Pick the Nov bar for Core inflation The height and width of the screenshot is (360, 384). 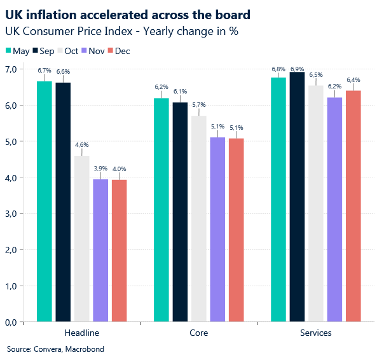click(217, 230)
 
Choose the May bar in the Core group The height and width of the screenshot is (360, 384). click(161, 210)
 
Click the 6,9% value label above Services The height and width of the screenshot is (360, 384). click(297, 68)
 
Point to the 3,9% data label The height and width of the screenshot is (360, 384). click(100, 168)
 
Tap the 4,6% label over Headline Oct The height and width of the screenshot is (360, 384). click(81, 145)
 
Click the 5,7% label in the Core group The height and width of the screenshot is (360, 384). click(199, 105)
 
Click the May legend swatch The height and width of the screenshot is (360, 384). click(8, 51)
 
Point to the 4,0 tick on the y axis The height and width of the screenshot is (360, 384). click(11, 177)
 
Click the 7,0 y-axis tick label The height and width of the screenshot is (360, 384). click(11, 69)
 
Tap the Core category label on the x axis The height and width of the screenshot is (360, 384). click(198, 333)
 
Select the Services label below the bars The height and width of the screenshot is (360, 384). click(315, 333)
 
